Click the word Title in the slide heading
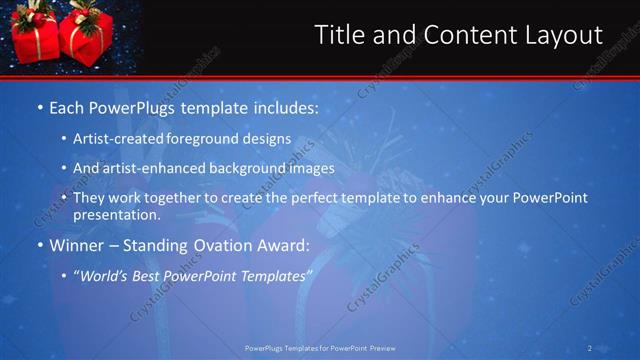(x=340, y=36)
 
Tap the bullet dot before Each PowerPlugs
(x=39, y=106)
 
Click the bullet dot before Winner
(x=39, y=245)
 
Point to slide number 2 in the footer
(x=590, y=348)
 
